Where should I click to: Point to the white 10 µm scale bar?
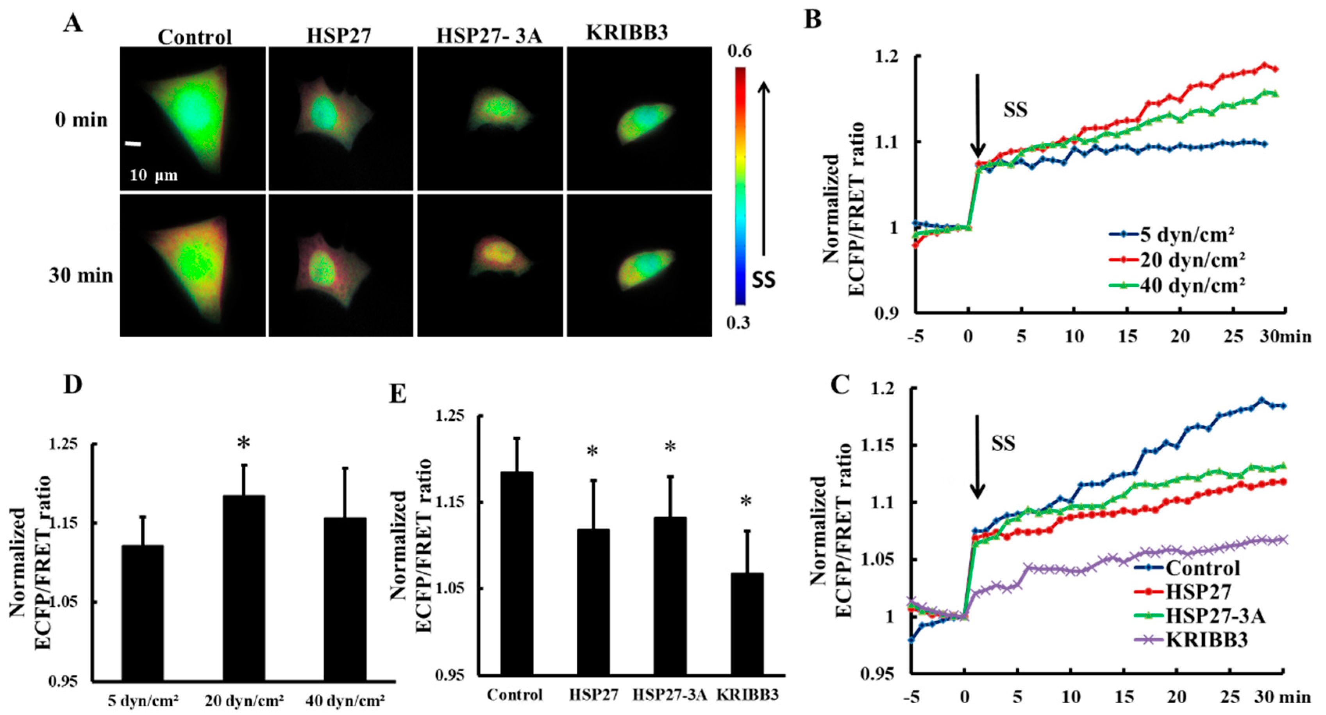[133, 144]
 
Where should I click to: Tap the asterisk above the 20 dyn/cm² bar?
[243, 443]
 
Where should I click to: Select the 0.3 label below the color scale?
[738, 323]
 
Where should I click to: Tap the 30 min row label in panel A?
[81, 276]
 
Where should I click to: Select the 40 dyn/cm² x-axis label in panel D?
[345, 701]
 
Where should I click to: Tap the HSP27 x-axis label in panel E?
[593, 695]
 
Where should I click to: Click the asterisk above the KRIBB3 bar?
[746, 501]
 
